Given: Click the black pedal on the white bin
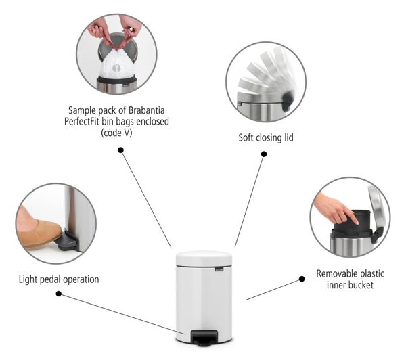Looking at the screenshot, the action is click(204, 338).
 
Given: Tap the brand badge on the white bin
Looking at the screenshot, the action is click(219, 269).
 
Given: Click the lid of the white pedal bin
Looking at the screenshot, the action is click(204, 258).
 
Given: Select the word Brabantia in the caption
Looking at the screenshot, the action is click(147, 110).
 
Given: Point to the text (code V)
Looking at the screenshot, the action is click(116, 133).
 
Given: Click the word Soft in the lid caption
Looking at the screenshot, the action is click(246, 137).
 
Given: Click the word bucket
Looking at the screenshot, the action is click(360, 285).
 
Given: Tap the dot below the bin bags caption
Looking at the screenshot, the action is click(120, 150).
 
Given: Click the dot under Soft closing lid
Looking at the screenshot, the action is click(264, 154).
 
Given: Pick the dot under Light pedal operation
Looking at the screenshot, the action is click(59, 294).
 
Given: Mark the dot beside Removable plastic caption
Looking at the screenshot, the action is click(302, 279).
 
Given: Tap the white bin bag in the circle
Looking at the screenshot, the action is click(118, 65).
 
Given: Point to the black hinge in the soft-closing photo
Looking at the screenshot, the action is click(288, 101).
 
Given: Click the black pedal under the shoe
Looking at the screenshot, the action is click(67, 241).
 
